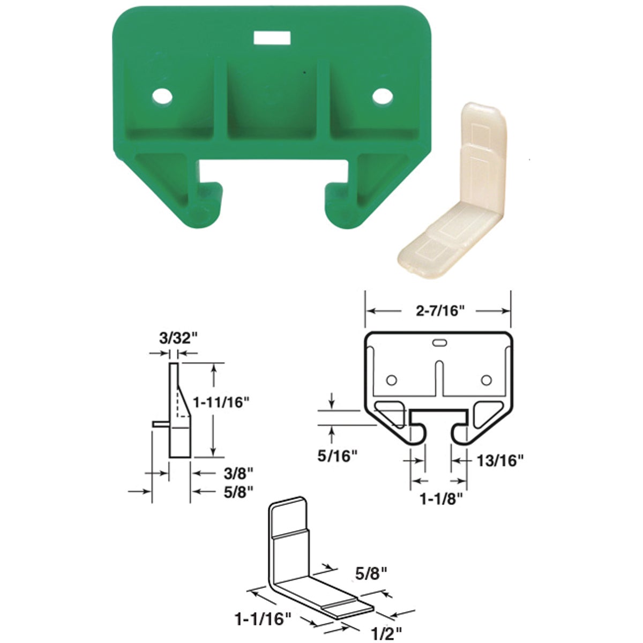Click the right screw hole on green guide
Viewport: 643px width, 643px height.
[382, 97]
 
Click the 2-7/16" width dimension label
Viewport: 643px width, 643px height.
[437, 311]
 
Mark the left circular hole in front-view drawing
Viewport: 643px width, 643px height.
[392, 380]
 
